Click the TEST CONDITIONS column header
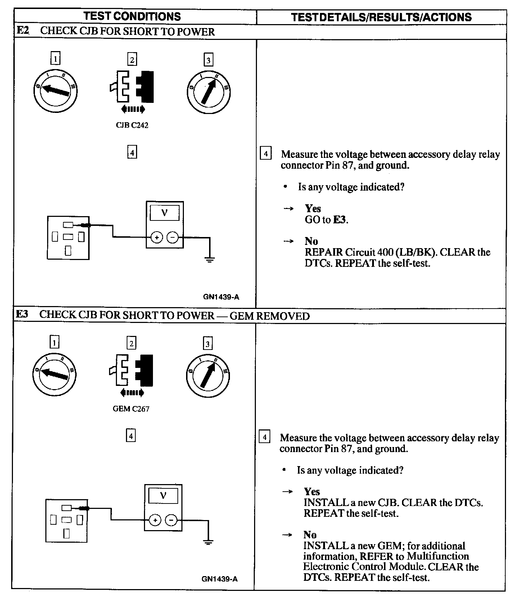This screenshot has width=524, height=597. pos(132,17)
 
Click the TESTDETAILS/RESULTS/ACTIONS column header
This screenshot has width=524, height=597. pos(381,17)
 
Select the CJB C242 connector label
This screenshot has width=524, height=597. pos(132,125)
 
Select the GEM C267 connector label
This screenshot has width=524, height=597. pos(131,409)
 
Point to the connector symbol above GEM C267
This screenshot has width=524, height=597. pos(131,371)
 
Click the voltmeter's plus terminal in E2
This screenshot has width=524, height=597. pos(157,237)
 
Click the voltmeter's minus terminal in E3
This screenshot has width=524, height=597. pos(171,520)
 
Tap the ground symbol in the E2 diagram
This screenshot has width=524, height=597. pos(209,259)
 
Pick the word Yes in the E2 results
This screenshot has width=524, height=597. pos(313,208)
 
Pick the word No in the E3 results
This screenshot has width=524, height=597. pos(310,534)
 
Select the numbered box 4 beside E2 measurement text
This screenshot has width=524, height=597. pos(265,154)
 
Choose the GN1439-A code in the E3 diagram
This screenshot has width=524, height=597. pos(220,579)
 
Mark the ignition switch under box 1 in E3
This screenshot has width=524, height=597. pos(54,374)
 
